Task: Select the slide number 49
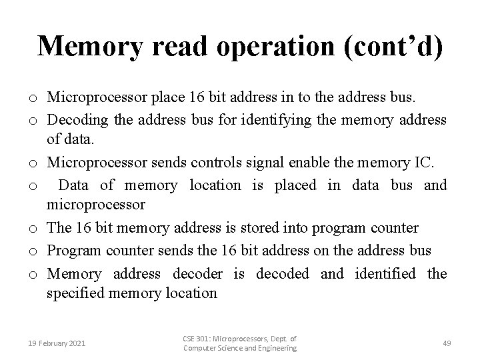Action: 447,343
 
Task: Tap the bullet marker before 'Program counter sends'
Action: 32,251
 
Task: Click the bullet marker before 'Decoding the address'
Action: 32,120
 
